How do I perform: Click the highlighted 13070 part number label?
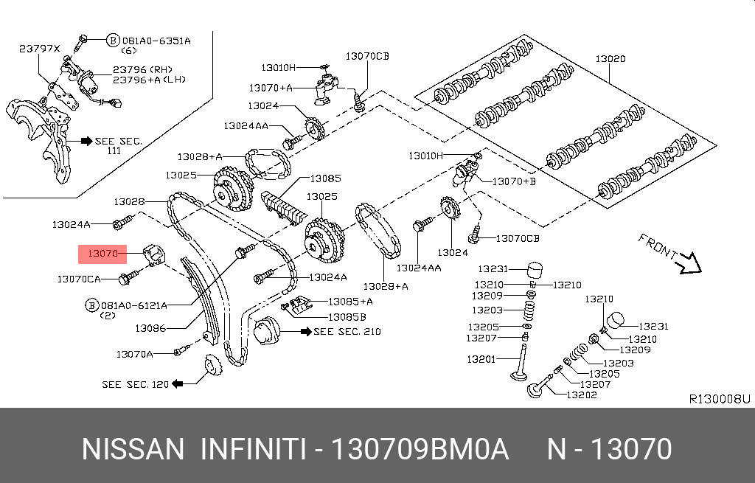(102, 254)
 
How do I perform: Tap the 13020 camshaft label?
(610, 59)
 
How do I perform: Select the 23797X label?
(38, 49)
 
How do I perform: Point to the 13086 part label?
(150, 329)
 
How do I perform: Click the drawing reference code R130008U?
(719, 399)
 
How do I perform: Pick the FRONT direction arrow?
(689, 261)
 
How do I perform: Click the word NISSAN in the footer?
(133, 448)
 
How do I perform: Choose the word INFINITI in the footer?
(253, 448)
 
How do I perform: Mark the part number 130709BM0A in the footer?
(420, 448)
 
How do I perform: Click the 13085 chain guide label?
(325, 178)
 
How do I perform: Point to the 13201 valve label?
(481, 359)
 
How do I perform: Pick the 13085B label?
(347, 316)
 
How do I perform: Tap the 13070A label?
(134, 354)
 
